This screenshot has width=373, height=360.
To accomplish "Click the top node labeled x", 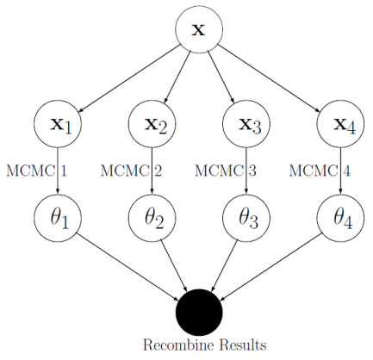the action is [x=199, y=29].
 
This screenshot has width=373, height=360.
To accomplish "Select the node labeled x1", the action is [x=58, y=124].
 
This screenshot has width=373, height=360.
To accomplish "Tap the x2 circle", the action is [x=152, y=124].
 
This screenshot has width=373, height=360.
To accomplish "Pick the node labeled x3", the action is [x=246, y=124].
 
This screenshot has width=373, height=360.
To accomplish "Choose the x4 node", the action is [x=340, y=124].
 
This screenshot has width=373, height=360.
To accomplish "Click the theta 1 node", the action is [x=58, y=218].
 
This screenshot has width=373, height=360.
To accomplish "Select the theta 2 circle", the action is [x=152, y=218].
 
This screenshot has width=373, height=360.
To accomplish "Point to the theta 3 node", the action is [x=246, y=218].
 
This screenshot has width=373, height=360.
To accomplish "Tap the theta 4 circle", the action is [x=340, y=218].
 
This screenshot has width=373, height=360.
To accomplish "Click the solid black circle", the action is [x=199, y=312].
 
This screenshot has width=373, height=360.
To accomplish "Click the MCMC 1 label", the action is [x=36, y=171].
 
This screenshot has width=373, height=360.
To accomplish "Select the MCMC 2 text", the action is [x=131, y=171].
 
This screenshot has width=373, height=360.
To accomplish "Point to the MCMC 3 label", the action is [x=226, y=171].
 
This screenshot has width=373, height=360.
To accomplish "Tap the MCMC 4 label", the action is [x=320, y=171].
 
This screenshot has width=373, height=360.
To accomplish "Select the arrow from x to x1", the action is [x=128, y=77].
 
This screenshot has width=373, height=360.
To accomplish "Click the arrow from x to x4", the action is [x=270, y=77].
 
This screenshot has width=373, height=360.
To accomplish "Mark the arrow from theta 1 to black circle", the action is [x=128, y=265].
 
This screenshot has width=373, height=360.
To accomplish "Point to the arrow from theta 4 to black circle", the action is [x=270, y=265].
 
